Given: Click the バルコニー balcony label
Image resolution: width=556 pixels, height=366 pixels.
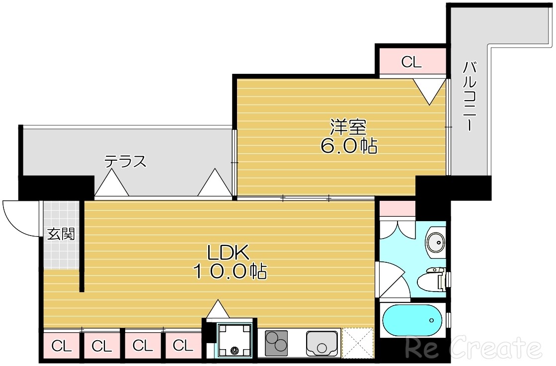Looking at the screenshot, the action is pyautogui.click(x=470, y=96).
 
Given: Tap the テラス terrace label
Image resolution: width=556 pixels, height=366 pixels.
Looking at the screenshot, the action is pyautogui.click(x=125, y=161).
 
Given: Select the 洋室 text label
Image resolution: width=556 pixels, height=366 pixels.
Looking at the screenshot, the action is pyautogui.click(x=348, y=127).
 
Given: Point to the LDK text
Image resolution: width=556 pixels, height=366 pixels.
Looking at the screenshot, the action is pyautogui.click(x=229, y=253).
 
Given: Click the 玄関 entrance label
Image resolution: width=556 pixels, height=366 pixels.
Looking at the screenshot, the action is pyautogui.click(x=61, y=234).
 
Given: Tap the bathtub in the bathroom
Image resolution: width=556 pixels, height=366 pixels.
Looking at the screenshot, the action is pyautogui.click(x=412, y=320).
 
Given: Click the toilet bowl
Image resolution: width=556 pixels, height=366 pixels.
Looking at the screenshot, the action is pyautogui.click(x=431, y=280).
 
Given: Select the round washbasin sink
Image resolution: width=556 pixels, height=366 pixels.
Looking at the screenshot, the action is pyautogui.click(x=435, y=243).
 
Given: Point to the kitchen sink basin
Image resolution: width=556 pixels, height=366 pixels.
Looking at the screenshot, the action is pyautogui.click(x=322, y=342).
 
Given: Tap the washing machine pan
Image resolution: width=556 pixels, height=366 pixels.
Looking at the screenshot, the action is pyautogui.click(x=235, y=340).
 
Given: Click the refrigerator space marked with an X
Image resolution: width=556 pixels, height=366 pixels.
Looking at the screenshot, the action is pyautogui.click(x=357, y=343).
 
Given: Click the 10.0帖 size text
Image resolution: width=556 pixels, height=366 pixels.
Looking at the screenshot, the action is pyautogui.click(x=230, y=271).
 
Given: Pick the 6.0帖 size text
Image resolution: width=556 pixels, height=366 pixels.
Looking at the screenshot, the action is pyautogui.click(x=349, y=145).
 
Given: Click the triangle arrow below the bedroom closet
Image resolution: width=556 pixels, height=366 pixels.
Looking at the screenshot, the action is pyautogui.click(x=430, y=92).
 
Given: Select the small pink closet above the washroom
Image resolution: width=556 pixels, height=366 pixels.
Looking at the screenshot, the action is pyautogui.click(x=397, y=208).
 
